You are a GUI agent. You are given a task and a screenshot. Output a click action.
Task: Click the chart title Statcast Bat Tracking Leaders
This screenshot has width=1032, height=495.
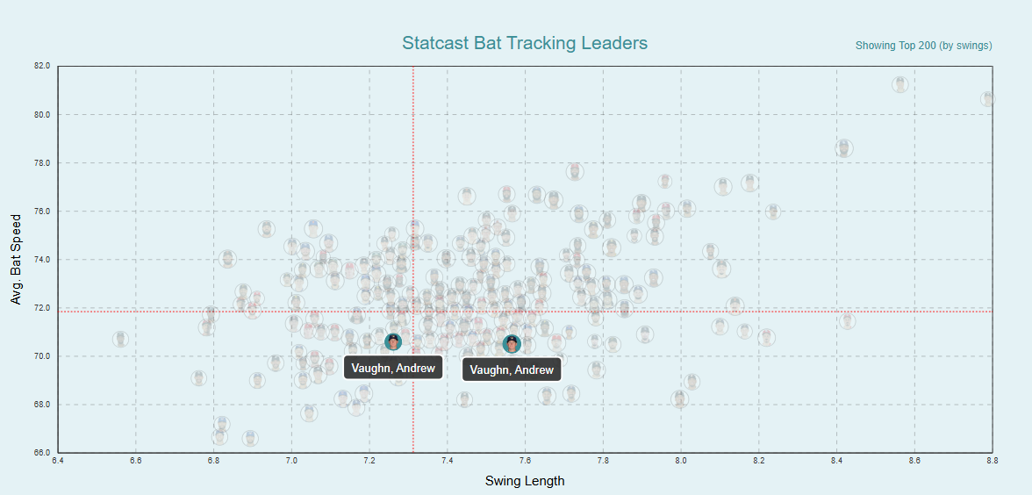(x=524, y=43)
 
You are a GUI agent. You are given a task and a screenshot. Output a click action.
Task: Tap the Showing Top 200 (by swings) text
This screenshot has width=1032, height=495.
(x=923, y=46)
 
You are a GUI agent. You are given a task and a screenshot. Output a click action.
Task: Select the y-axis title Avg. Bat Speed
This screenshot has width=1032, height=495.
(x=16, y=259)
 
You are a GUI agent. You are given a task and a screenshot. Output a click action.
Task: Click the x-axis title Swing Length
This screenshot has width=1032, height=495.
(x=525, y=481)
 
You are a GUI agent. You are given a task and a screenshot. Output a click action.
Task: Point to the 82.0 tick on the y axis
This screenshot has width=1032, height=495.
(x=43, y=66)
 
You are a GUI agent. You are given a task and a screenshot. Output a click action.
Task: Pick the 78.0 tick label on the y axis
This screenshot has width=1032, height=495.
(x=43, y=163)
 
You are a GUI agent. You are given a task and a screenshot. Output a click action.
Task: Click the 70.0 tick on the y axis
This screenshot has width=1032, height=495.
(x=43, y=356)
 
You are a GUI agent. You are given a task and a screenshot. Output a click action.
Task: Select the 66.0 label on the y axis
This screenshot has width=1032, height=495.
(x=43, y=453)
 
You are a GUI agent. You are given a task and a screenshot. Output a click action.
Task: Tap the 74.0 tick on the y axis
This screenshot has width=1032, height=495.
(x=43, y=260)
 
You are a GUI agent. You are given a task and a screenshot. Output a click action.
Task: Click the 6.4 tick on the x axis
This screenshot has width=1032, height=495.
(x=59, y=460)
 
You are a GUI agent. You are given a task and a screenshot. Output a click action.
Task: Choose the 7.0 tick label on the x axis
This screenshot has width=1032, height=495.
(x=292, y=460)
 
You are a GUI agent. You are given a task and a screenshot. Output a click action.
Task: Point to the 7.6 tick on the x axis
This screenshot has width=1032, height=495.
(x=526, y=460)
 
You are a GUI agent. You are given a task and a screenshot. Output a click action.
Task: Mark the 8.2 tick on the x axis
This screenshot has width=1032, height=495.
(x=759, y=460)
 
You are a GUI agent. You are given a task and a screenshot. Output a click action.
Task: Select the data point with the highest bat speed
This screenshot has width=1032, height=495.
(x=899, y=85)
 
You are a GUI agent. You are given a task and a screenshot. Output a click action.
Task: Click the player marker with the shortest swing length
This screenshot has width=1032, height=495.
(x=120, y=339)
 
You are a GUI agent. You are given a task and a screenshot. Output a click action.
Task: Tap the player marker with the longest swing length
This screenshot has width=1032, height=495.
(x=988, y=99)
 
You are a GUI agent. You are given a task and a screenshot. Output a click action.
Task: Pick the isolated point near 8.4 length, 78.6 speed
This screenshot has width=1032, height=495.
(x=844, y=148)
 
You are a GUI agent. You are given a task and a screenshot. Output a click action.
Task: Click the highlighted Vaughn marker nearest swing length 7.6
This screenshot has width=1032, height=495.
(x=512, y=344)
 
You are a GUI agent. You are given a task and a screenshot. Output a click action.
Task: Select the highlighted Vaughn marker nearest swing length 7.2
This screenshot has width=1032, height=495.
(x=393, y=341)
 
